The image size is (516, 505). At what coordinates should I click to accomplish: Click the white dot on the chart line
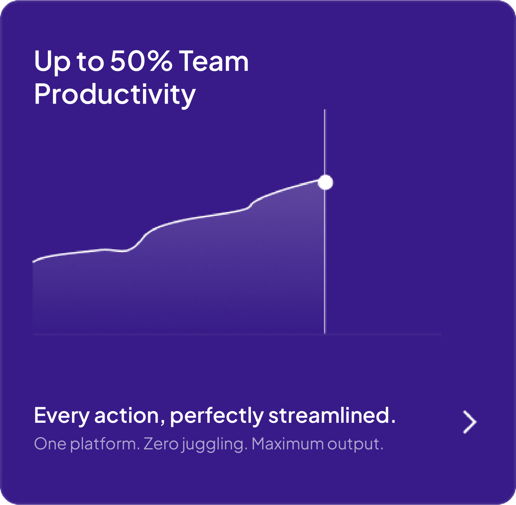[325, 182]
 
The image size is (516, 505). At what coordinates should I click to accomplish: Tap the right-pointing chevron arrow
[470, 422]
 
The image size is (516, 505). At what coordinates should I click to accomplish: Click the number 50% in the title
[141, 61]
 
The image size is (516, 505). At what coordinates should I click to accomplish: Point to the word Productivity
[115, 94]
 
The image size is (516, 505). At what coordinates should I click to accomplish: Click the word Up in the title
[52, 62]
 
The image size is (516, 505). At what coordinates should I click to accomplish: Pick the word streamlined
[331, 416]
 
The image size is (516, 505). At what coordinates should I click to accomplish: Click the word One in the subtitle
[50, 444]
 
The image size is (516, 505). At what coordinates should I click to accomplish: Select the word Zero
[161, 444]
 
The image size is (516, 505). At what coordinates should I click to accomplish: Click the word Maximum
[287, 444]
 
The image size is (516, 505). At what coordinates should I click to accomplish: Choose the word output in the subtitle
[355, 444]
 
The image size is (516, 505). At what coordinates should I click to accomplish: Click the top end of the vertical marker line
[325, 111]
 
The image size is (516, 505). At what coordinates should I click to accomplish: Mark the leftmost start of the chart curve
[33, 261]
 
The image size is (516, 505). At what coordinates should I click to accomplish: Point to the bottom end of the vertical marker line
[325, 332]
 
